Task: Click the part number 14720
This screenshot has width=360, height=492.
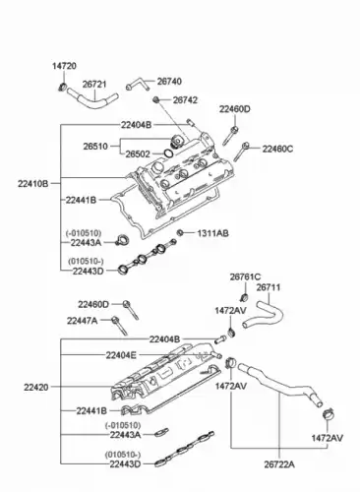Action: click(64, 66)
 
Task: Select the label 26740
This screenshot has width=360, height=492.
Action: click(169, 82)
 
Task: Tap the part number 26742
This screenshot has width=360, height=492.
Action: click(185, 100)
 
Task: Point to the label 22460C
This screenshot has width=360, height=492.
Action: click(277, 149)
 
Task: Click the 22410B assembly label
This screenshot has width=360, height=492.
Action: click(33, 184)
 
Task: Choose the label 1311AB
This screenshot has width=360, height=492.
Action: click(212, 233)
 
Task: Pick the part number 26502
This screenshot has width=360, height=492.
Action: click(138, 154)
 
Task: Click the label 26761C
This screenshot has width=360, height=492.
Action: click(245, 277)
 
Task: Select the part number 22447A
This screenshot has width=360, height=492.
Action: click(83, 321)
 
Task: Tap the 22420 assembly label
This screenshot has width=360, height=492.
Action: click(36, 388)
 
